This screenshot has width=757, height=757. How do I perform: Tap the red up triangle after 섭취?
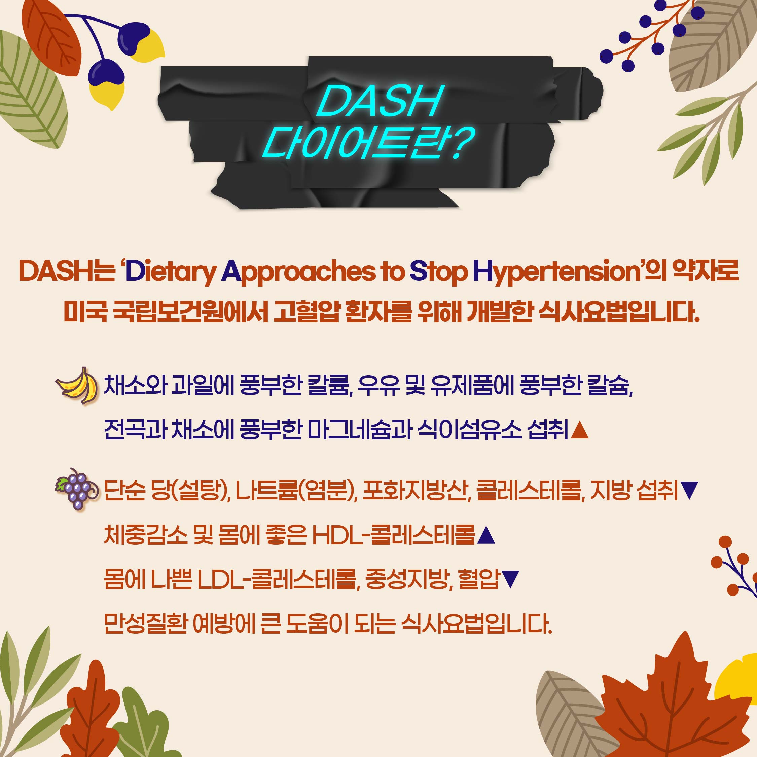tap(580, 430)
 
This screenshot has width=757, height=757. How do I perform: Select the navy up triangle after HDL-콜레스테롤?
tap(486, 535)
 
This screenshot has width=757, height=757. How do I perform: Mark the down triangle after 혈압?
tap(510, 580)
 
